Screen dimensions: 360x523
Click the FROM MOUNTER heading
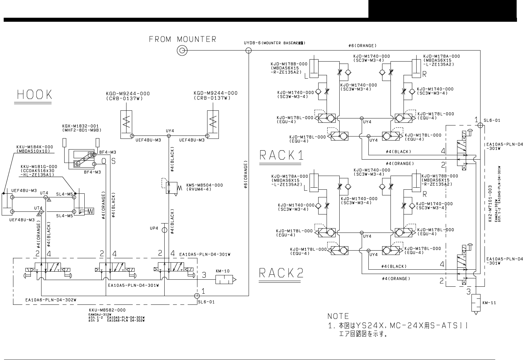tap(183, 39)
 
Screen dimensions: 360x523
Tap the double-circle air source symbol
tap(182, 51)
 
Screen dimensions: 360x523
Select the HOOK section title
tap(35, 95)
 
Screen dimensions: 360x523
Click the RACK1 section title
tap(282, 155)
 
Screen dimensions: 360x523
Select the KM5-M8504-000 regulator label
tap(204, 185)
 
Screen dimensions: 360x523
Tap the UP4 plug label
tap(154, 229)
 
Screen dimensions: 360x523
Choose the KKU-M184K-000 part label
tap(34, 147)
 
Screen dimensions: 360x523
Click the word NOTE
tap(338, 316)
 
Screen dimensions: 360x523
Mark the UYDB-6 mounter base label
tap(274, 43)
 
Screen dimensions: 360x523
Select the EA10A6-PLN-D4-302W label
tap(51, 300)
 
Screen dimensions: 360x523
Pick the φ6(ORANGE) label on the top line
tap(362, 46)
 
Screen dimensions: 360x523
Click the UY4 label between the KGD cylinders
tap(170, 130)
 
